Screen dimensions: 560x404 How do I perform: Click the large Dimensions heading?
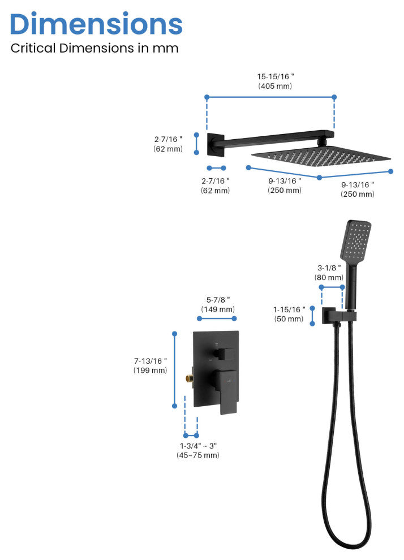point(96,24)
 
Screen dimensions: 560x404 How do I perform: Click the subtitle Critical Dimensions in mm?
point(94,48)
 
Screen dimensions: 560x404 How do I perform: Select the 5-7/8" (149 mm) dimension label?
point(218,304)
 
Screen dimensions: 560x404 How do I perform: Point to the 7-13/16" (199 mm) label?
point(151,365)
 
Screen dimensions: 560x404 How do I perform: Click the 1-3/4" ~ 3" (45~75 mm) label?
point(197,450)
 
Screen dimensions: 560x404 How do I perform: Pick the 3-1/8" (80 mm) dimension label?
point(329,273)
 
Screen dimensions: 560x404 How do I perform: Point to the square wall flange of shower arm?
point(216,144)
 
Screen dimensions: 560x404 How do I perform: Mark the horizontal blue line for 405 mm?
point(270,97)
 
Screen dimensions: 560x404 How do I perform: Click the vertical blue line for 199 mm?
point(175,369)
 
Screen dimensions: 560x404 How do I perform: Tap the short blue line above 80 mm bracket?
point(332,287)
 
